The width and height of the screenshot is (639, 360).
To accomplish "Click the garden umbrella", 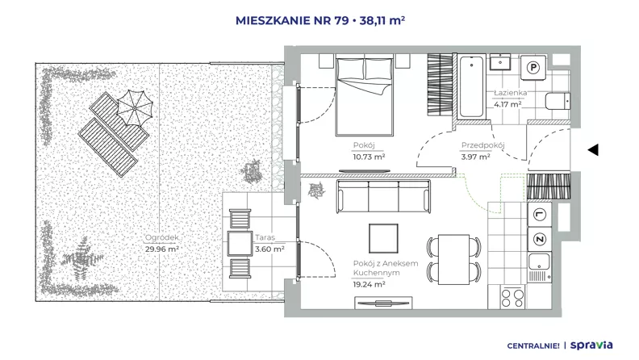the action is [135, 108].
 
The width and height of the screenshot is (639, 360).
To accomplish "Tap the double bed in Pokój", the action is [365, 96].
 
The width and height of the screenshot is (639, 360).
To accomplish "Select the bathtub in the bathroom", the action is [471, 86].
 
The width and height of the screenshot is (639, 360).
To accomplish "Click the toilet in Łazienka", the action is [558, 101].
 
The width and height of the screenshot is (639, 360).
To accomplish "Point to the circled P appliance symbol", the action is [533, 67].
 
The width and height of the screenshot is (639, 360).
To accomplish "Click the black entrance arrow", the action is [593, 149].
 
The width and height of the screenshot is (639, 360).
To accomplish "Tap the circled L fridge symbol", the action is [540, 215].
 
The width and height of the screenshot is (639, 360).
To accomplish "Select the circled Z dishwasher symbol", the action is [540, 239].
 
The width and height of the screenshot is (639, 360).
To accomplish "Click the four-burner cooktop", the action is [512, 297].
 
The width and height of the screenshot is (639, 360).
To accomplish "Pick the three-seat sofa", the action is [383, 196].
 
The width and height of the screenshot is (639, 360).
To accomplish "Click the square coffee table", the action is [383, 238].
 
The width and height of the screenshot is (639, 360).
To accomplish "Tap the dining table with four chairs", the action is [454, 259].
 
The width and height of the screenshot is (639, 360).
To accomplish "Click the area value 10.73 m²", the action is [369, 157].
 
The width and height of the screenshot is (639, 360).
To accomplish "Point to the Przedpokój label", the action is [483, 145].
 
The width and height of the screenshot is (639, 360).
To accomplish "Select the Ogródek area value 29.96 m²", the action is [162, 249].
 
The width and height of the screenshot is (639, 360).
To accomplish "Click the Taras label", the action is [265, 237].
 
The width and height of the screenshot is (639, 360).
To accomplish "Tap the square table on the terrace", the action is [240, 244].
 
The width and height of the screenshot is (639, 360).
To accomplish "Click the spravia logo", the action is [591, 345].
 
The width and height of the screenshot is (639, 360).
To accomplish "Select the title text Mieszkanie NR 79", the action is [292, 20].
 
